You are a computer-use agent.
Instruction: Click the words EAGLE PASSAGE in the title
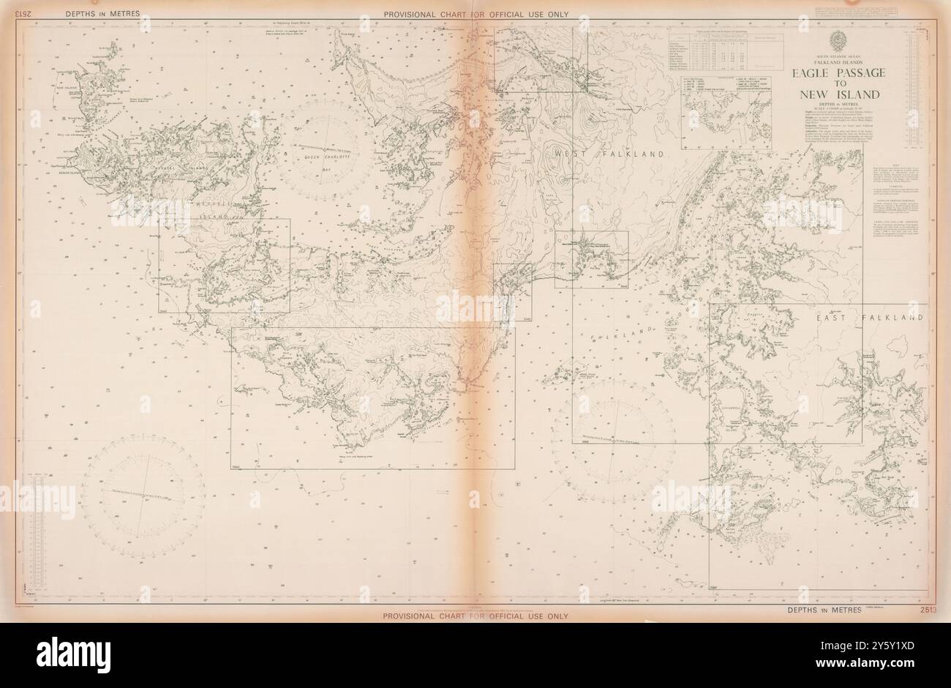click(838, 73)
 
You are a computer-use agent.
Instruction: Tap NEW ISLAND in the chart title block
click(838, 95)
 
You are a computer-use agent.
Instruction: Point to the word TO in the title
click(838, 84)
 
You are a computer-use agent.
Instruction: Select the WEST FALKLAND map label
click(609, 154)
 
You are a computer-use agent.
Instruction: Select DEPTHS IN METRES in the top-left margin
click(102, 14)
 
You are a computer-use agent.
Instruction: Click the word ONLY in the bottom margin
click(555, 616)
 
